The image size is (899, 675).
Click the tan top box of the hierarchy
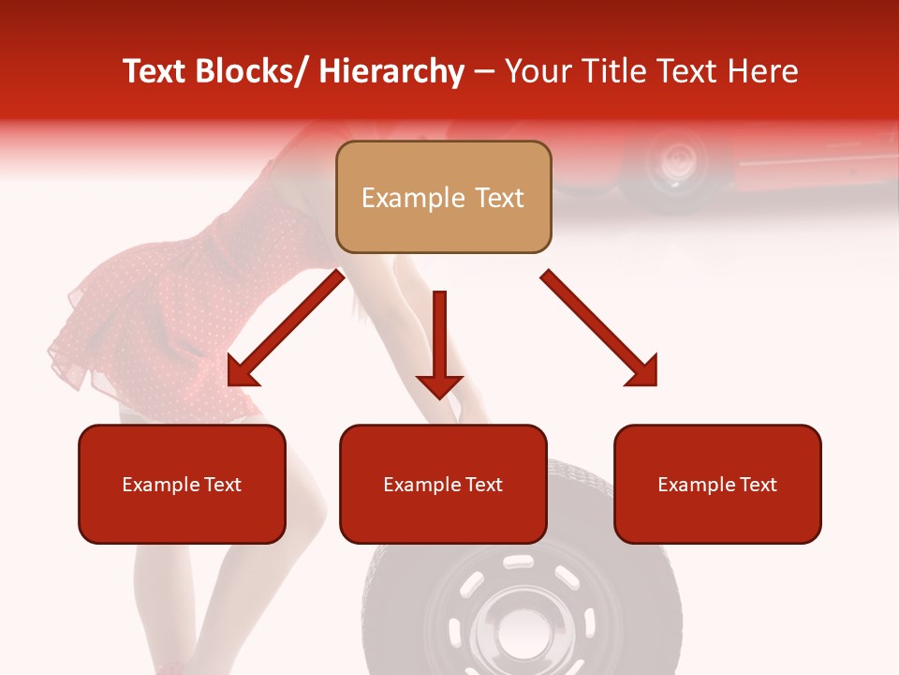(443, 197)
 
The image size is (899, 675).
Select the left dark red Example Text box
(182, 484)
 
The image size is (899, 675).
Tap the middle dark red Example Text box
(443, 484)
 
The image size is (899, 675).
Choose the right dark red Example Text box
(717, 484)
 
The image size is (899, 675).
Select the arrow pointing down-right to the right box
(599, 328)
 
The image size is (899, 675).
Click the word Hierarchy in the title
(391, 71)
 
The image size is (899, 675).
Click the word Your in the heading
(536, 71)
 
